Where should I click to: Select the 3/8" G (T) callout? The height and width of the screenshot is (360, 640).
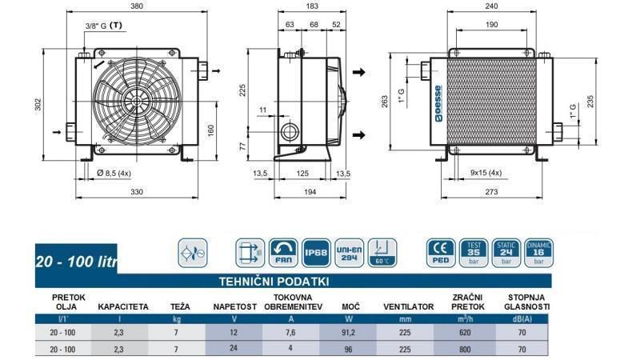pyautogui.click(x=104, y=26)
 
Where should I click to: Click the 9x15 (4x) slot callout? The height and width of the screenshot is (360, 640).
pyautogui.click(x=486, y=172)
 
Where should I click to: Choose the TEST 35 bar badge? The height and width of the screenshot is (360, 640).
pyautogui.click(x=474, y=253)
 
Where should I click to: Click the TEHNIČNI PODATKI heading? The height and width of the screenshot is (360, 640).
pyautogui.click(x=274, y=282)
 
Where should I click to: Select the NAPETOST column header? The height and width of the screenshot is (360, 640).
pyautogui.click(x=234, y=306)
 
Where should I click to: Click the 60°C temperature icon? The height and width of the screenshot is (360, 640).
pyautogui.click(x=382, y=254)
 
